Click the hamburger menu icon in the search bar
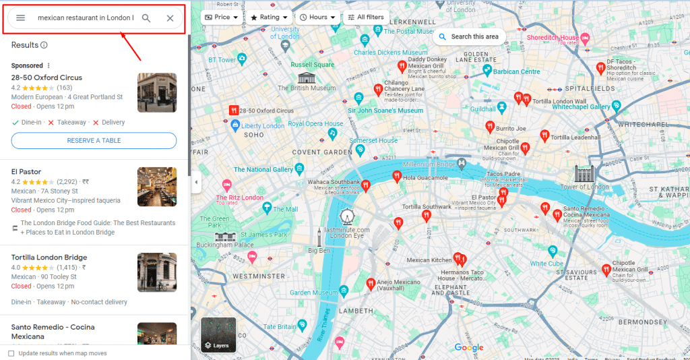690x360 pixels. (21, 18)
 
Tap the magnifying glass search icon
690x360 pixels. (146, 18)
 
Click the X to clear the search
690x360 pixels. (170, 18)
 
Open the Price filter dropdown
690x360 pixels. (221, 17)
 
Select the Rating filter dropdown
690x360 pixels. (269, 17)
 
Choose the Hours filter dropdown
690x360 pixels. (317, 17)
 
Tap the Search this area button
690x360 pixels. (469, 36)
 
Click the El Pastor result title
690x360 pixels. (26, 172)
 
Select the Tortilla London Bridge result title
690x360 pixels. (49, 258)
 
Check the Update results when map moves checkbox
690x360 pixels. (11, 353)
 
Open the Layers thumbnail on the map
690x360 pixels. (218, 336)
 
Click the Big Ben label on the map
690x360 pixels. (319, 251)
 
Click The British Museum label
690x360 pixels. (307, 88)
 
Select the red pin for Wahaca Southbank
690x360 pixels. (366, 184)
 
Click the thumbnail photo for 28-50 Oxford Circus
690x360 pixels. (157, 92)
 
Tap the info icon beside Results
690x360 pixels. (44, 45)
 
